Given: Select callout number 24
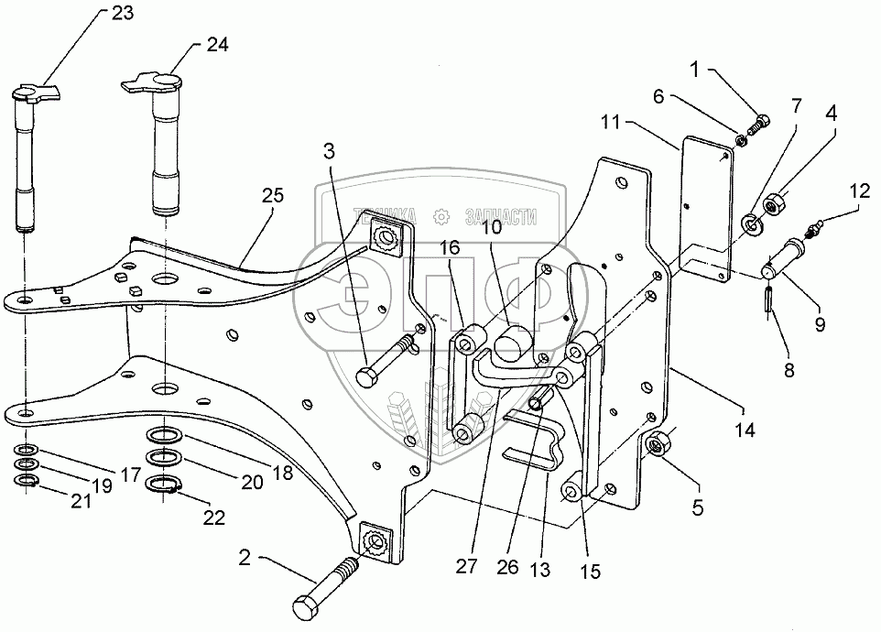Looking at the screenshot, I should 217,45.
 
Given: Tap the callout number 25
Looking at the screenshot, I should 273,194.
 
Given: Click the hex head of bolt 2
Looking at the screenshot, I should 308,605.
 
